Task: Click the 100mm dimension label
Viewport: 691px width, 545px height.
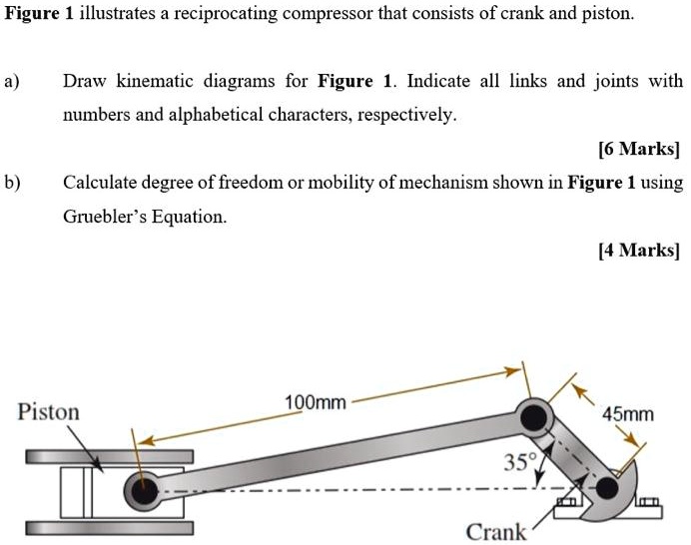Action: click(x=315, y=402)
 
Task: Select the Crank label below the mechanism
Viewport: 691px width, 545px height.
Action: click(x=495, y=531)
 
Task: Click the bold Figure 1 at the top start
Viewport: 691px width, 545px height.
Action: click(x=39, y=16)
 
